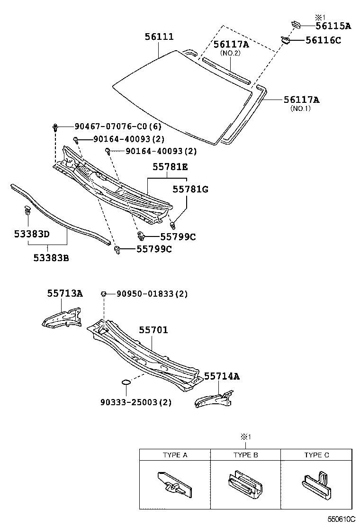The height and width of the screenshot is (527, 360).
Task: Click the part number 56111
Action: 159,37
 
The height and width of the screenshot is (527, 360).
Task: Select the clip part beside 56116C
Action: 286,40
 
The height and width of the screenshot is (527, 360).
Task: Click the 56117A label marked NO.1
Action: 301,100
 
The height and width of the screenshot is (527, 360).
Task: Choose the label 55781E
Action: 170,167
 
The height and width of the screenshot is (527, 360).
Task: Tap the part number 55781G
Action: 190,190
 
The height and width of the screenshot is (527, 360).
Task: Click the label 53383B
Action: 51,258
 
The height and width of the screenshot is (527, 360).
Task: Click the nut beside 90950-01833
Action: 103,294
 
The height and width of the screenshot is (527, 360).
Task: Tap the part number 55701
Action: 153,330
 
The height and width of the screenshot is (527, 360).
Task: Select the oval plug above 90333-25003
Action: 126,382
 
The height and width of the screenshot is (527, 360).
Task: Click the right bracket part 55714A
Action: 214,397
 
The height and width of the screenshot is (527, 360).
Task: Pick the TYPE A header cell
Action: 175,455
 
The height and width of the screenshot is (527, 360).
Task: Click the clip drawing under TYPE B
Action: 245,483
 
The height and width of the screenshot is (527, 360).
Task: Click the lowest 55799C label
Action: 154,249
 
